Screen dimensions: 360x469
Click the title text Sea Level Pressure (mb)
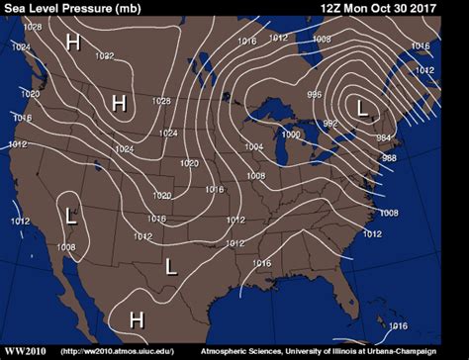[x=71, y=9]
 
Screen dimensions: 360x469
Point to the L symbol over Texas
[x=171, y=265]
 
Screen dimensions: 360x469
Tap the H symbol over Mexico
[x=137, y=318]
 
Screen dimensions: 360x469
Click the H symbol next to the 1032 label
[x=72, y=42]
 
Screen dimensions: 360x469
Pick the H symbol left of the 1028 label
[x=120, y=102]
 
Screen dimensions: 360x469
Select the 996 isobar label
[x=314, y=94]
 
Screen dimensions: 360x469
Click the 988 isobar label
[x=389, y=158]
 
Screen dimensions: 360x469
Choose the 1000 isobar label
[x=290, y=135]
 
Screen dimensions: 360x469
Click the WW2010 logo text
[x=27, y=350]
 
